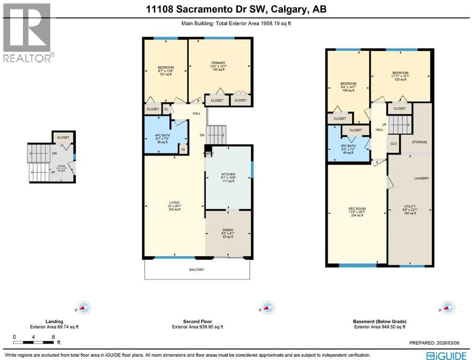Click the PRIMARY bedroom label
point(218,63)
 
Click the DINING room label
point(228,231)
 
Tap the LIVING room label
point(161,202)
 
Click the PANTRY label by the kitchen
point(208,153)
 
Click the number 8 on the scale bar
point(54,337)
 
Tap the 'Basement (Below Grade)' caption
point(379,322)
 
